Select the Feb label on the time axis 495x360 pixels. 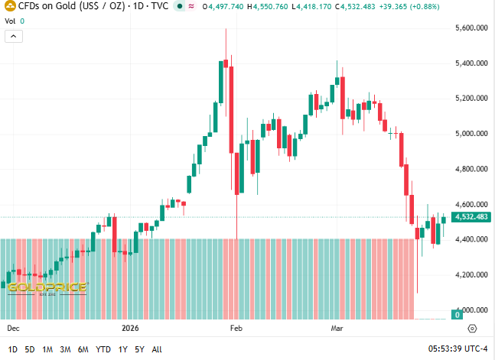coord(236,328)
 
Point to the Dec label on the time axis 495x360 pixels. coord(13,328)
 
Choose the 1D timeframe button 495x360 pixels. coord(13,349)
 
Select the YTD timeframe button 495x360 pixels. coord(103,349)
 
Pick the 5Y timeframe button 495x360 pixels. coord(139,349)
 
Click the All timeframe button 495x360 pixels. coord(157,349)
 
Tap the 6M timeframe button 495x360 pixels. coord(83,349)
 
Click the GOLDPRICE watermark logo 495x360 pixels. coord(47,288)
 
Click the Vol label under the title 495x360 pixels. coord(11,21)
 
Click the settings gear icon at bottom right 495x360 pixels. coord(472,329)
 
